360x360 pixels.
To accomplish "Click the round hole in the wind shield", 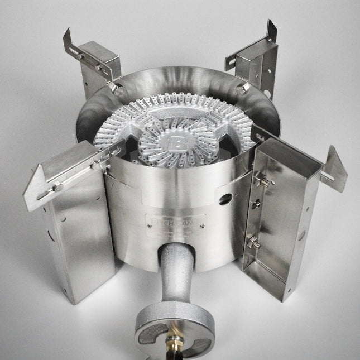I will point(225,199).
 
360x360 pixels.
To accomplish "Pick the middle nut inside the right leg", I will point(256,203).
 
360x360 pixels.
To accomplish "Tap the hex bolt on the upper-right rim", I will point(241,90).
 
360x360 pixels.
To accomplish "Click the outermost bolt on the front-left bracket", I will point(57,188).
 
